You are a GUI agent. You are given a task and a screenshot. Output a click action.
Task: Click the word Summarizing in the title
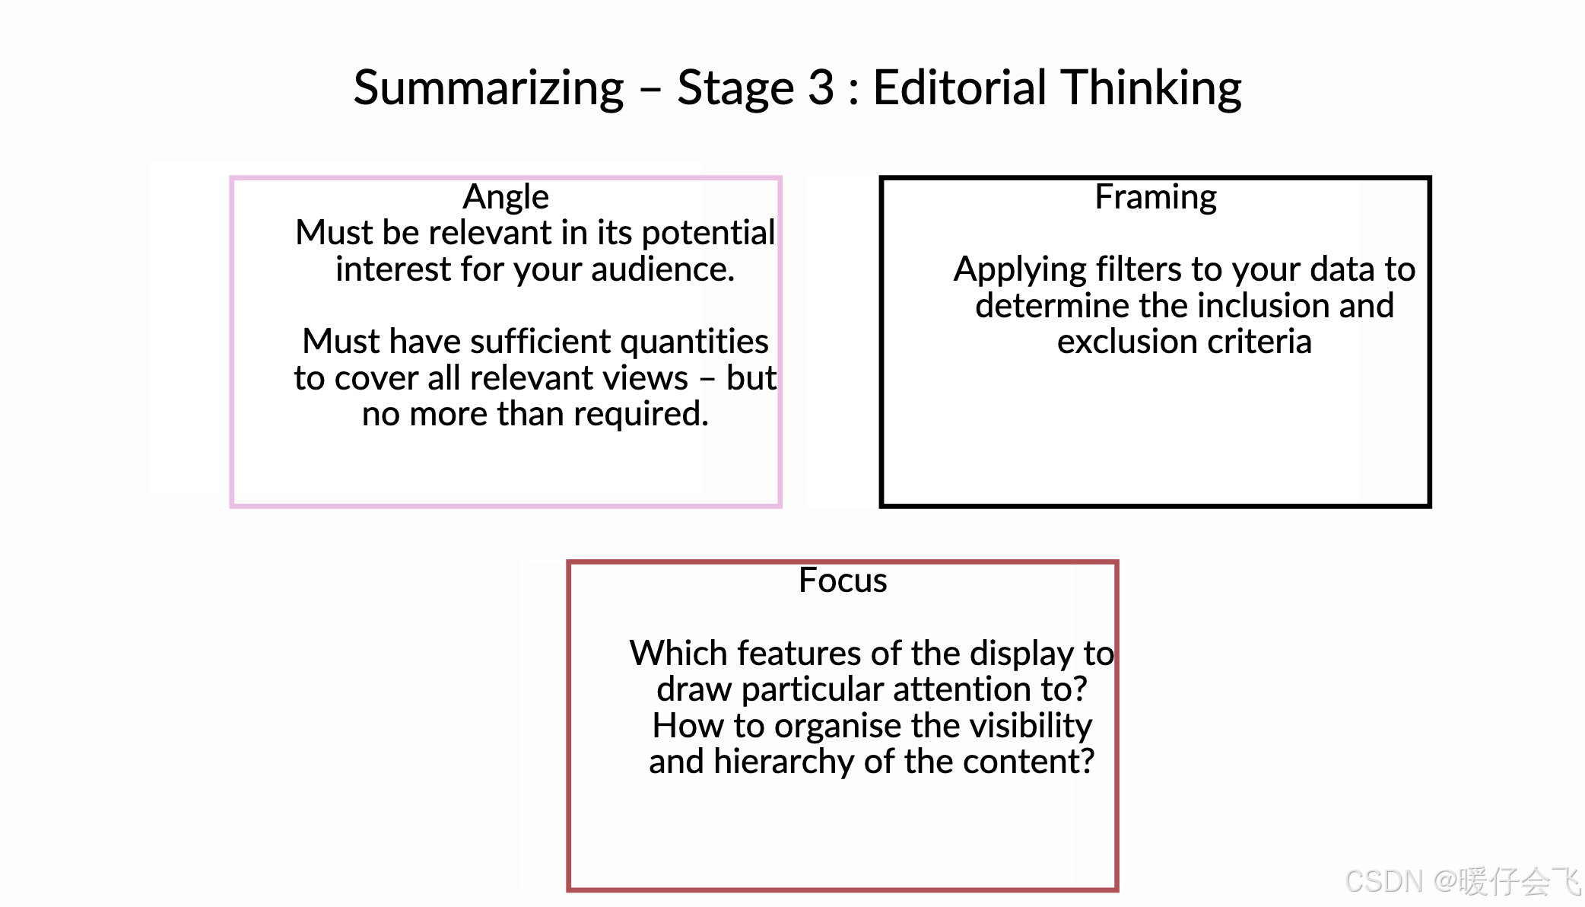click(x=488, y=88)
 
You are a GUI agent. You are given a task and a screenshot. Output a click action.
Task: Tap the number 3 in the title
click(x=821, y=88)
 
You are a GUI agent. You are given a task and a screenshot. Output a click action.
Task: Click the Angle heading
click(x=506, y=197)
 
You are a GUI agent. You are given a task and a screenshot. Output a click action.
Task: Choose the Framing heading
click(x=1155, y=197)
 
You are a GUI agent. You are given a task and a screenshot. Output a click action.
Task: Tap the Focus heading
click(x=843, y=581)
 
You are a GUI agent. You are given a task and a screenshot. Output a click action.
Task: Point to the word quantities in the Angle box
click(x=694, y=342)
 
